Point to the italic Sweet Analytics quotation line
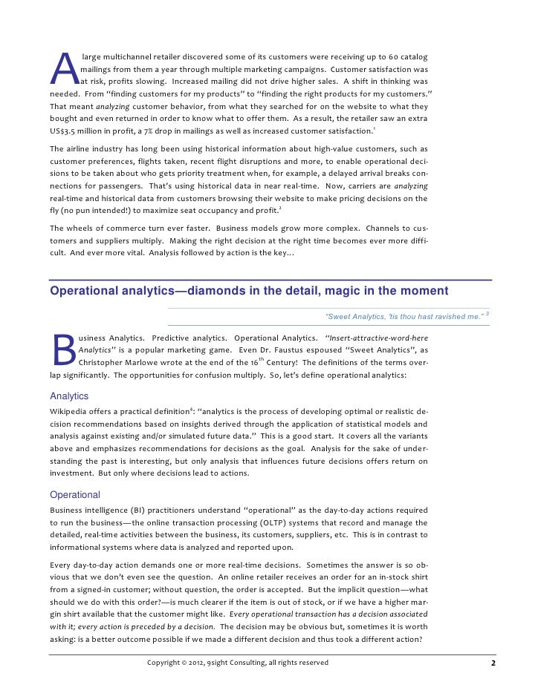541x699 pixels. point(405,317)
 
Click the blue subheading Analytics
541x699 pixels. point(68,396)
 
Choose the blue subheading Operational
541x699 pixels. point(74,495)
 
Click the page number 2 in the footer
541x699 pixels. point(493,663)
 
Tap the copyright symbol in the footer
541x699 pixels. point(186,663)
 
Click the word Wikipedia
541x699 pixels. point(69,411)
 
